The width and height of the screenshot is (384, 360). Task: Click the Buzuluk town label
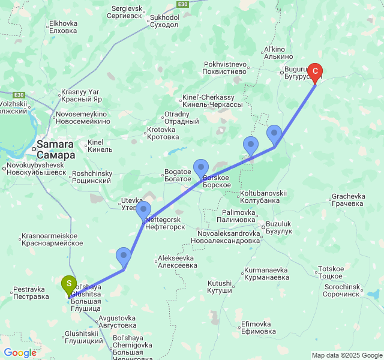[x=279, y=227]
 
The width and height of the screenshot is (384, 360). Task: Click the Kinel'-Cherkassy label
[x=208, y=101]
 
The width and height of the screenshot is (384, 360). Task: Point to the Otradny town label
[x=181, y=118]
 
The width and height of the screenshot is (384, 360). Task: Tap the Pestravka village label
[x=31, y=292]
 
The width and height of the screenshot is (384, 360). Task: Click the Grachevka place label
[x=349, y=200]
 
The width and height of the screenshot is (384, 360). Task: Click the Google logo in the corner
[x=20, y=353]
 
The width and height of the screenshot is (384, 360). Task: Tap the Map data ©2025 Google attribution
[x=347, y=355]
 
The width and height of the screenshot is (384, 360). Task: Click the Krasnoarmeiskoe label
[x=52, y=239]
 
